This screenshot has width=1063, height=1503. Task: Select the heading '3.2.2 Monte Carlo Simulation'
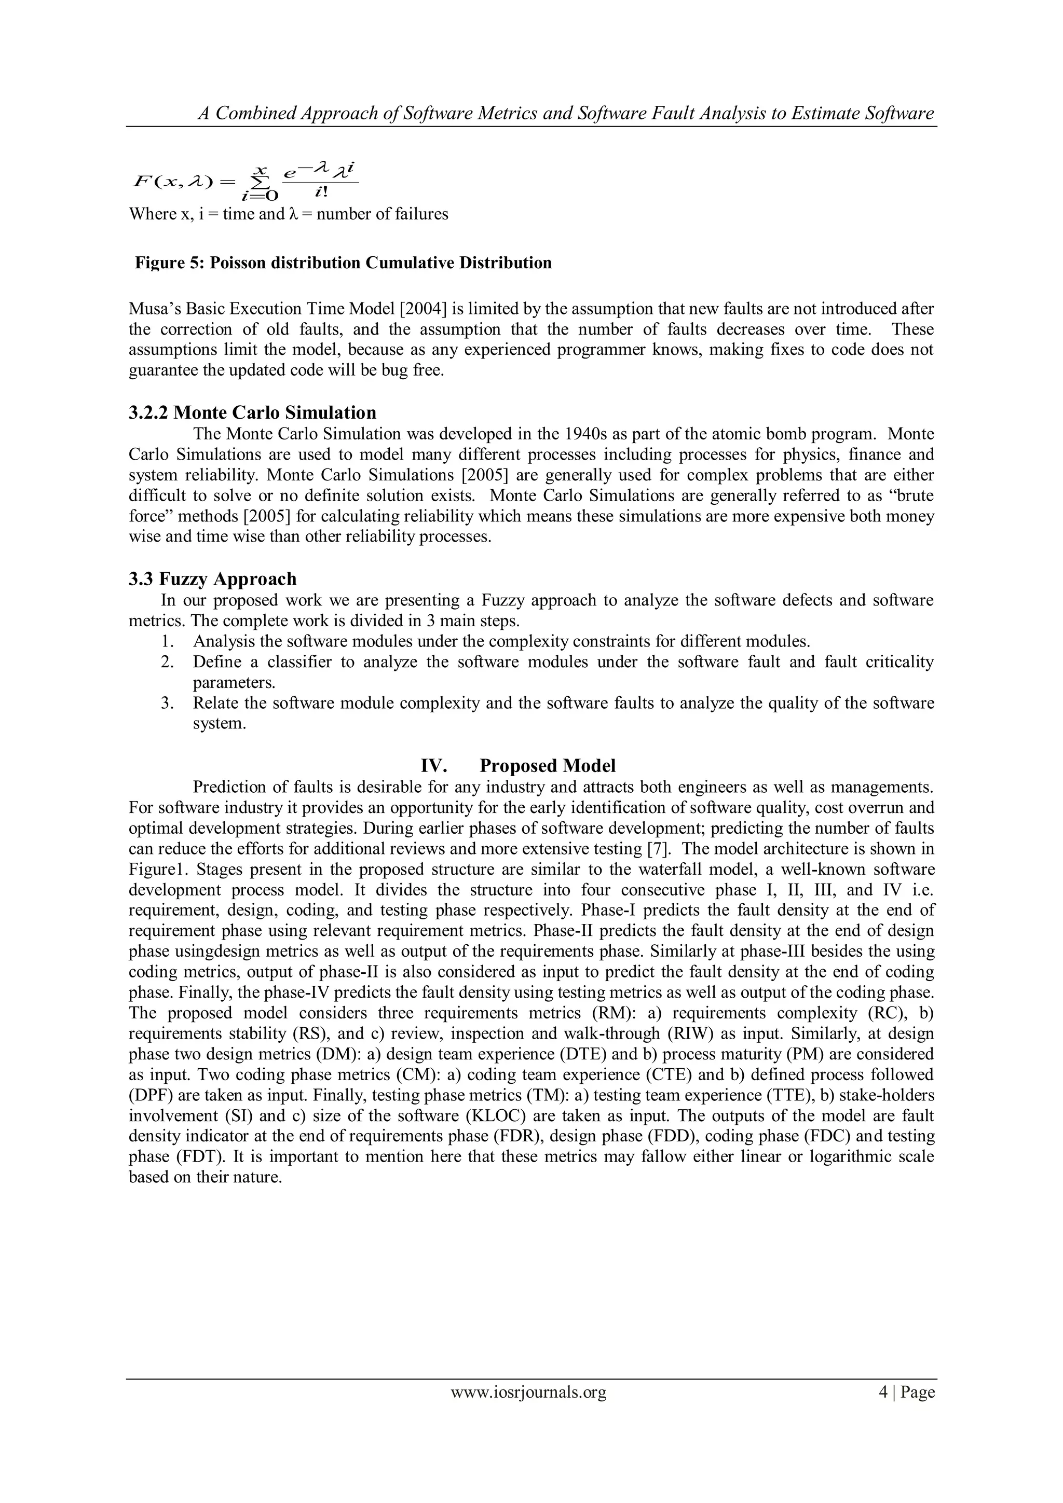point(252,412)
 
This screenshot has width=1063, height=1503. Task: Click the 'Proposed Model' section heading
point(547,765)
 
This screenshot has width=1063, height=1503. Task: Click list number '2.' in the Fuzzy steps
point(168,662)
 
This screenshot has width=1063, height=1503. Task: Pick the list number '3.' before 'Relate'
point(168,703)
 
